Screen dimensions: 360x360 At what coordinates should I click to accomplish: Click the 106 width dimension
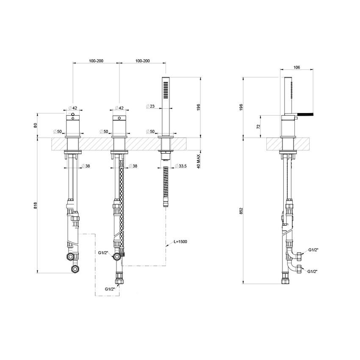[x=296, y=67]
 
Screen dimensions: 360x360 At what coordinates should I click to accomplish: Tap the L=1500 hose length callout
[x=180, y=241]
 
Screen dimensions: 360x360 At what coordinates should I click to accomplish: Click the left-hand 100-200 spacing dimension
[x=96, y=61]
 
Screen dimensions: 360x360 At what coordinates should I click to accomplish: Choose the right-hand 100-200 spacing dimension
[x=142, y=61]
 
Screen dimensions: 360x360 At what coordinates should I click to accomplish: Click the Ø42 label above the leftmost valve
[x=73, y=108]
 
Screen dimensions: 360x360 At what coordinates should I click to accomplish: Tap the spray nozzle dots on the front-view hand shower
[x=164, y=91]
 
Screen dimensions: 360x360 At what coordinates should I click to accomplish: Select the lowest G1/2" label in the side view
[x=313, y=271]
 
